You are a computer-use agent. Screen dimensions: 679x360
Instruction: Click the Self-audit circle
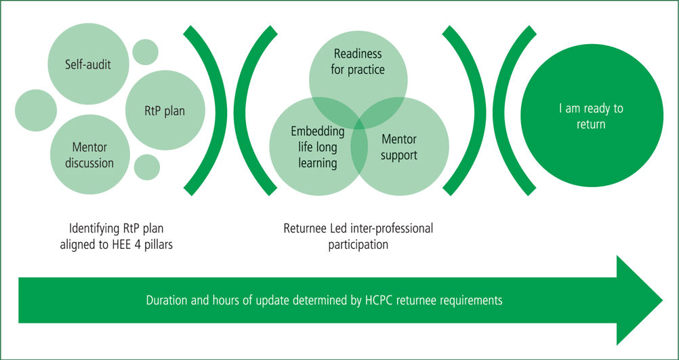pos(88,64)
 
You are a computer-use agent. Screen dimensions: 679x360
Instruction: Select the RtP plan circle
pos(165,111)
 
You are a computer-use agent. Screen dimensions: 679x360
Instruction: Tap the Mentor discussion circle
pos(90,155)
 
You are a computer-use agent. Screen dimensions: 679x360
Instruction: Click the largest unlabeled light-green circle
pos(36,111)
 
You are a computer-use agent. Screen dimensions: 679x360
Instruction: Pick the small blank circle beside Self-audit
pos(146,52)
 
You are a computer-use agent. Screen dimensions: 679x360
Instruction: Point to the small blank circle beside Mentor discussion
pos(147,167)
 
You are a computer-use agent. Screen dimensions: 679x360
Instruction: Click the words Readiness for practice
pos(358,62)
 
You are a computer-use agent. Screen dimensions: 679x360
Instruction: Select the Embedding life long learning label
pos(318,147)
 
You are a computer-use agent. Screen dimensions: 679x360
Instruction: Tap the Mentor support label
pos(399,147)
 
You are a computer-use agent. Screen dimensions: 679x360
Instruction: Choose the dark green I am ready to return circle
pos(592,116)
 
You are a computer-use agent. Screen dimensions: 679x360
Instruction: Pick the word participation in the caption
pos(358,245)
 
